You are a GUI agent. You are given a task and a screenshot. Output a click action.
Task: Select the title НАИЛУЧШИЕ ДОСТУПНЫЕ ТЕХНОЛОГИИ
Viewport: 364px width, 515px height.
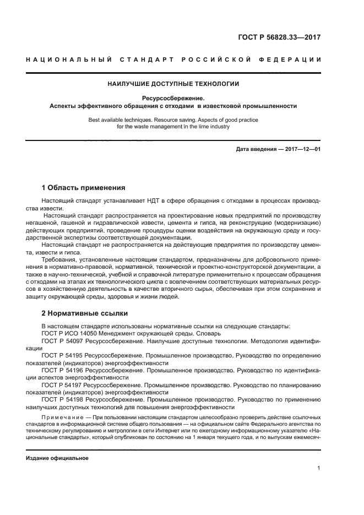(173, 84)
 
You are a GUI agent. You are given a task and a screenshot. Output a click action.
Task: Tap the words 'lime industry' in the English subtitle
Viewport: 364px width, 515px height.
(211, 126)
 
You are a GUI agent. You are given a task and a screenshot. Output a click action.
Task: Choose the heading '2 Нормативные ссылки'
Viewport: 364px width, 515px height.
(85, 313)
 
